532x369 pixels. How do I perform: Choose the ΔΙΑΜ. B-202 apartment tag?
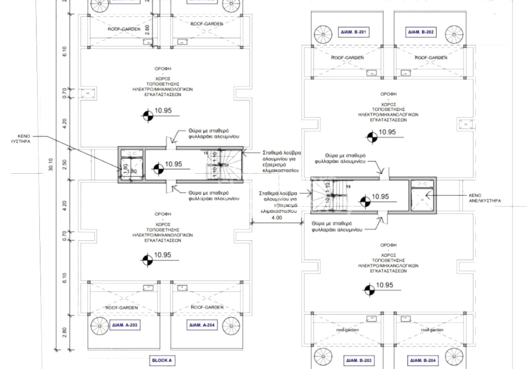(421, 32)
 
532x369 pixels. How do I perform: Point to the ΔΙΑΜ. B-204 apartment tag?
(423, 360)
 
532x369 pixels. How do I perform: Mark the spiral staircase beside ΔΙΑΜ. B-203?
(323, 357)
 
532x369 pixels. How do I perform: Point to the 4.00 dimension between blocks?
(276, 217)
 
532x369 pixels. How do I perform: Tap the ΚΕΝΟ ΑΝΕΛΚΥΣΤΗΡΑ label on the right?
(485, 198)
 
